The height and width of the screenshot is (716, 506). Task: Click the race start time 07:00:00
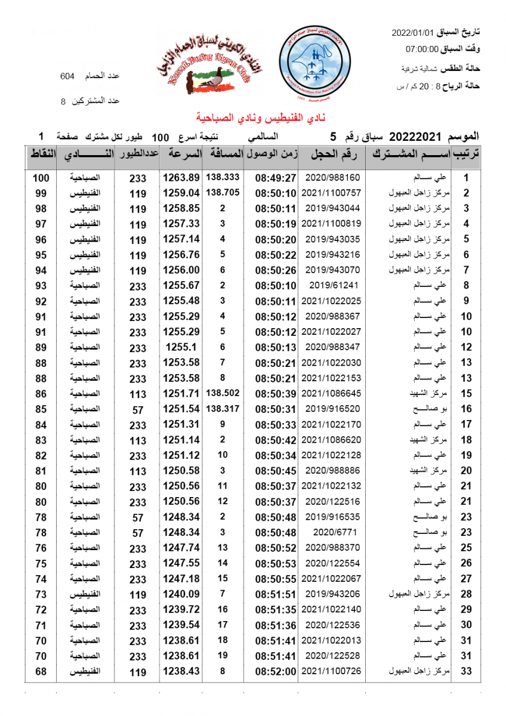coord(422,50)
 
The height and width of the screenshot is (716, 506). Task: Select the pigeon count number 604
coord(67,76)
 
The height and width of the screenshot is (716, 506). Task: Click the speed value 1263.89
coord(180,178)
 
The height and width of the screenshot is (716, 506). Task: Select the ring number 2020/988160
coord(333,178)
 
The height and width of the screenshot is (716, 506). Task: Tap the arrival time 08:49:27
coord(276,178)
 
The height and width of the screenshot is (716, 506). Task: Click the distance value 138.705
coord(223,193)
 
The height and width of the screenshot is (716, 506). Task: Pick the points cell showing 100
coord(41,178)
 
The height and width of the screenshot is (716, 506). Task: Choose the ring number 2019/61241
coord(333,285)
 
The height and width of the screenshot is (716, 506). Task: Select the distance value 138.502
coord(223,393)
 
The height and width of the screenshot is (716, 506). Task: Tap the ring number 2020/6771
coord(333,532)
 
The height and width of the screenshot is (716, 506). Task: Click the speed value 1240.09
coord(180,594)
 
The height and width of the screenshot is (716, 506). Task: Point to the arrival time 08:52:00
coord(276,671)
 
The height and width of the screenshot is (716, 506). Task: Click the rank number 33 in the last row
coord(467,671)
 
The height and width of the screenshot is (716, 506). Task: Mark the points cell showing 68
coord(41,671)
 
